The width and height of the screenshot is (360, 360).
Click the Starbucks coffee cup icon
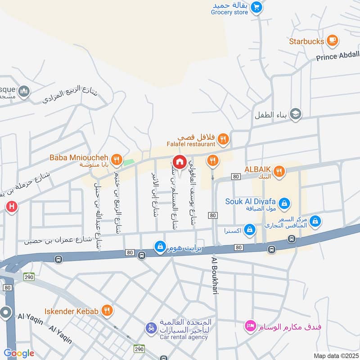(x=332, y=40)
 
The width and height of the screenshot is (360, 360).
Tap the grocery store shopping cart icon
(x=256, y=7)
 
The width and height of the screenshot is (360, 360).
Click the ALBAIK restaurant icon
(x=279, y=171)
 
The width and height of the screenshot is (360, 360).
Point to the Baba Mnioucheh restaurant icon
(x=117, y=158)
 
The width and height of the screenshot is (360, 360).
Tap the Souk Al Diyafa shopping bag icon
(x=284, y=204)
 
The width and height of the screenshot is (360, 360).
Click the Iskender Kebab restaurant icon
(x=107, y=310)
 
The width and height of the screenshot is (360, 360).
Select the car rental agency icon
(x=151, y=328)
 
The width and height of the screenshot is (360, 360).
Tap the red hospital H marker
(x=12, y=207)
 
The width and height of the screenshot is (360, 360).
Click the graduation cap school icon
(x=296, y=113)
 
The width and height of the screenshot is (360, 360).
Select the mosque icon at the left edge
(x=23, y=92)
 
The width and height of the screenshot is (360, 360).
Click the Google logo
(x=19, y=353)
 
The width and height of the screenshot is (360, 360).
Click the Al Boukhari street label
(x=215, y=276)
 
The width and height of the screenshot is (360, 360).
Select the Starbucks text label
(x=307, y=41)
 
